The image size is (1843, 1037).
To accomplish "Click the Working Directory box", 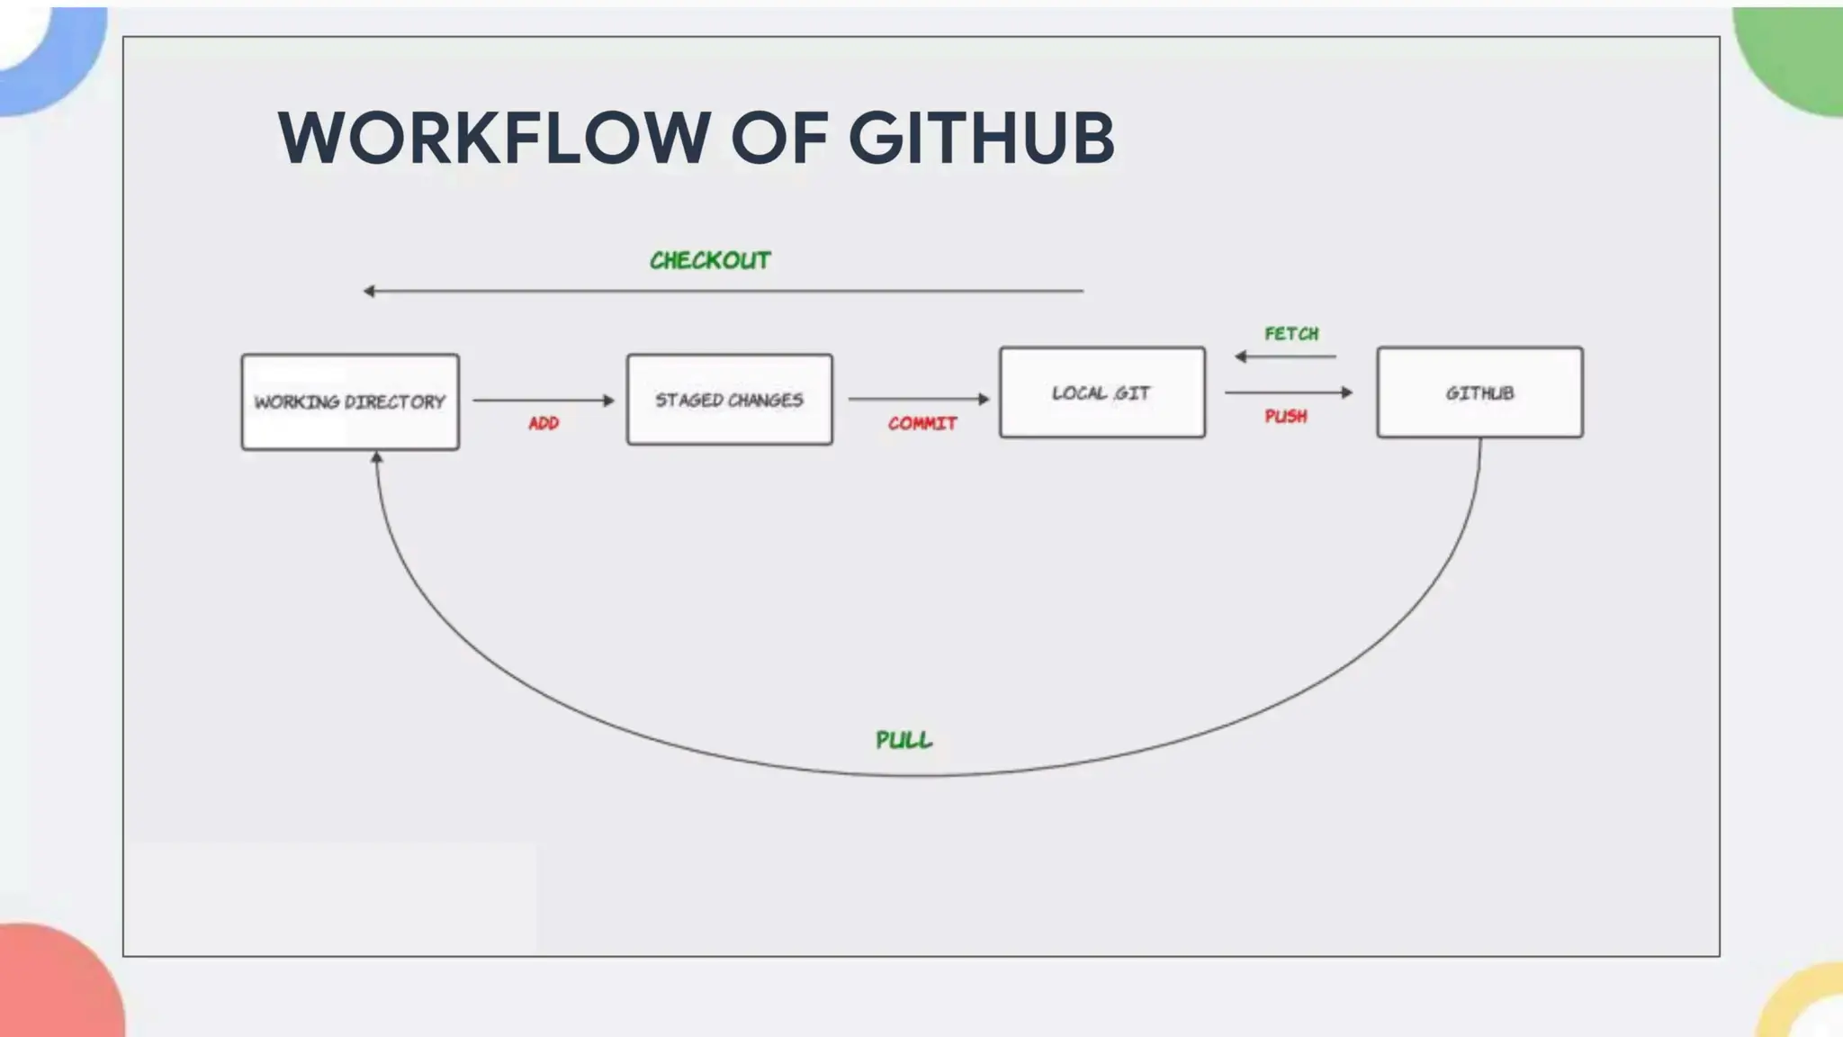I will click(x=350, y=401).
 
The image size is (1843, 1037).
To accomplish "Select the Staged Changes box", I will click(x=729, y=400).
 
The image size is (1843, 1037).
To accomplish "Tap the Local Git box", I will click(x=1101, y=392).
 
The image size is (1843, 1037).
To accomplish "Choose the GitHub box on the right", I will click(x=1479, y=392).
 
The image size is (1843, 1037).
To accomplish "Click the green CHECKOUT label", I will click(x=710, y=260).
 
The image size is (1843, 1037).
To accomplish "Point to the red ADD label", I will click(x=544, y=423).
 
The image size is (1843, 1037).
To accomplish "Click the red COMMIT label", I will click(x=922, y=423).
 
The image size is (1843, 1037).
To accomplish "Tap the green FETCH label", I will click(x=1291, y=334).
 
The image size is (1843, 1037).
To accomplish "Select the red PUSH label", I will click(x=1286, y=416).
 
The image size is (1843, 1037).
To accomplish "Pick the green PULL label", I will click(x=904, y=740).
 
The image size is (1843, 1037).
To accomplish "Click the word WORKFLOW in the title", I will click(x=494, y=138).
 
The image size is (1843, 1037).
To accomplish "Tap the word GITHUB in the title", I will click(x=981, y=138).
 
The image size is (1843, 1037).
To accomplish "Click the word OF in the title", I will click(x=779, y=138).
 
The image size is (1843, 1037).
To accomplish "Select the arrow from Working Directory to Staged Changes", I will click(x=543, y=400).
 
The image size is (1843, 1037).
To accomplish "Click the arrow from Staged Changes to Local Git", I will click(x=918, y=399).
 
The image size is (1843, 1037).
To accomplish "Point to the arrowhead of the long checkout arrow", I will click(x=369, y=291).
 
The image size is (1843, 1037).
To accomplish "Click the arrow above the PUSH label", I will click(x=1288, y=392).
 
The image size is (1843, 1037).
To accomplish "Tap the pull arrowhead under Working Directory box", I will click(x=377, y=458).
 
